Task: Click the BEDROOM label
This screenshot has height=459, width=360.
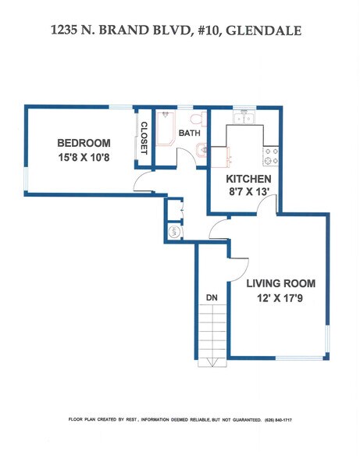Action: coord(84,143)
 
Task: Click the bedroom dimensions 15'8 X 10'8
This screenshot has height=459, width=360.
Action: coord(84,158)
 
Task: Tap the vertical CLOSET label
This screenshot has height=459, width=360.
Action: coord(144,138)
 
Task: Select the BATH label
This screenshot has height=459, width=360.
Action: coord(189,133)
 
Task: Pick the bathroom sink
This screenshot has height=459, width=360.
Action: coord(201,151)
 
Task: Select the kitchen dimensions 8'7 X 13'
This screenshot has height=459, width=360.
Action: coord(244,194)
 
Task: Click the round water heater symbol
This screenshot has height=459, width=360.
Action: coord(174,232)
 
